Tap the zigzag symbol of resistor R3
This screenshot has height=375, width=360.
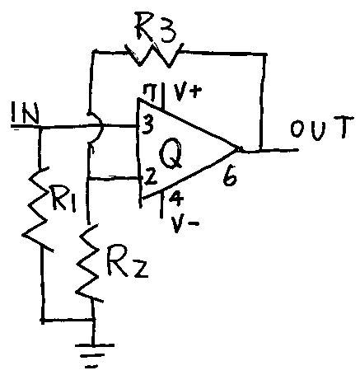point(154,54)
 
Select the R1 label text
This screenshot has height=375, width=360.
point(63,198)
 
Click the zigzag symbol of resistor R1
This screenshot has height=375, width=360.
point(37,209)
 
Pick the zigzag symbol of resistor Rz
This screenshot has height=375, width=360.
point(89,263)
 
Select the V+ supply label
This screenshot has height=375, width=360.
point(187,95)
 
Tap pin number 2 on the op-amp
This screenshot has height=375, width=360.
point(151,178)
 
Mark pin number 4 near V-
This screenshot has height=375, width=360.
point(175,199)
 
